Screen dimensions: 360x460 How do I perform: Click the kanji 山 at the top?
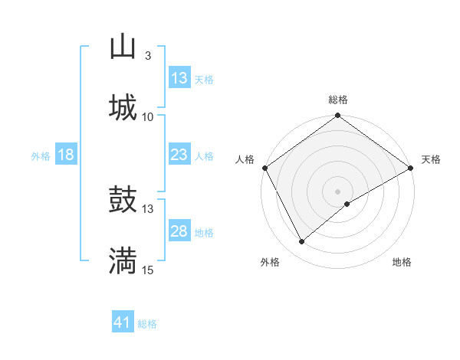123,47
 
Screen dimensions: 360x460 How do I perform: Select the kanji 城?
123,108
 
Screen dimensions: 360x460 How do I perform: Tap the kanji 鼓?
123,201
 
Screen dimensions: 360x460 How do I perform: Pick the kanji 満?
123,261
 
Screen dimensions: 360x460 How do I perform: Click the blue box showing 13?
179,78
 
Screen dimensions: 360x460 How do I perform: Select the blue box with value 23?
179,155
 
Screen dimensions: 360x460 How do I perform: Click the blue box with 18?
66,155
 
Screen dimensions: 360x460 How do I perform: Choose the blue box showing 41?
123,323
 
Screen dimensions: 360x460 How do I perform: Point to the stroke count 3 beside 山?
147,56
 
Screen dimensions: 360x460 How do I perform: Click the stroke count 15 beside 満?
148,270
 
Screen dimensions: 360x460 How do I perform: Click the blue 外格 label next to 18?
41,156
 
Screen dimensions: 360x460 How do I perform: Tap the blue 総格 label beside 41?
147,324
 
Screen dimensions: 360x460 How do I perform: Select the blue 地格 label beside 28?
204,233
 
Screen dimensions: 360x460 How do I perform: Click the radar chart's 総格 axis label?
338,100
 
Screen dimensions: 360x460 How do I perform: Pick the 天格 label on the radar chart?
431,159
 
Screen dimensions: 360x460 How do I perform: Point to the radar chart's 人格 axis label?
245,159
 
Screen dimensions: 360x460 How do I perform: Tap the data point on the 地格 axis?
347,204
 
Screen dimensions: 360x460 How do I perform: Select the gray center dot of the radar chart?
338,191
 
